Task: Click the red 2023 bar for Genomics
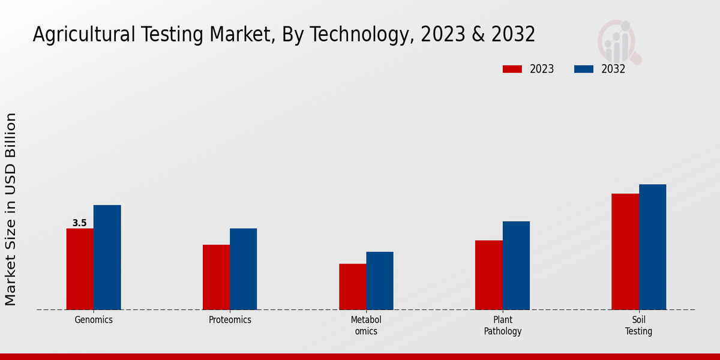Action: coord(80,269)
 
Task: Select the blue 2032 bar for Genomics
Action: coord(107,257)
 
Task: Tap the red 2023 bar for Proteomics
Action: coord(216,277)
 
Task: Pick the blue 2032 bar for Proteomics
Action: coord(243,269)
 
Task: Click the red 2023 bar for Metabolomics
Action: coord(352,287)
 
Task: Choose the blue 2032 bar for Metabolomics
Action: coord(380,281)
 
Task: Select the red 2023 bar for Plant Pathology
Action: coord(488,275)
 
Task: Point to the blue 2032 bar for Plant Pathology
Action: coord(516,265)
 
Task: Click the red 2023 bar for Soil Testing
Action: coord(625,251)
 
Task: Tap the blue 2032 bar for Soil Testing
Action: coord(652,247)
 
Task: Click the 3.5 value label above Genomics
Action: coord(80,223)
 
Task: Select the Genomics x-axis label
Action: coord(94,320)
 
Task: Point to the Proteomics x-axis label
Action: coord(230,320)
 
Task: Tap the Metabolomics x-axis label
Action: coord(366,325)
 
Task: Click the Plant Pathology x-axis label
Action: coord(503,325)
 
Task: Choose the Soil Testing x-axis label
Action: coord(638,325)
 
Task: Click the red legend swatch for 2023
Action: coord(512,69)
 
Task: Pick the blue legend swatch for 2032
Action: coord(584,69)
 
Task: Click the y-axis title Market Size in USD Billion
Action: coord(11,209)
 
